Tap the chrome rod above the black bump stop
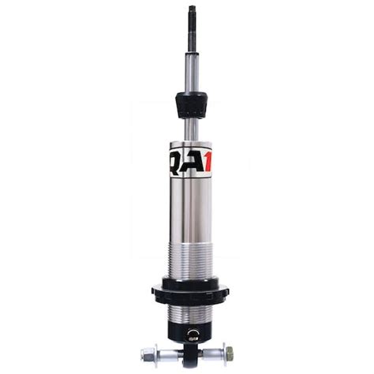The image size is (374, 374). click(x=190, y=71)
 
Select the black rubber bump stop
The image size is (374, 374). click(x=190, y=103)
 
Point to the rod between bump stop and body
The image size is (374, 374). click(x=190, y=129)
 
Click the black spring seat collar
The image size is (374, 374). click(x=190, y=291)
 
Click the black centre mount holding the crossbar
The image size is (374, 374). click(x=190, y=348)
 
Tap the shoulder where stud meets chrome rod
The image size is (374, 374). click(x=190, y=52)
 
